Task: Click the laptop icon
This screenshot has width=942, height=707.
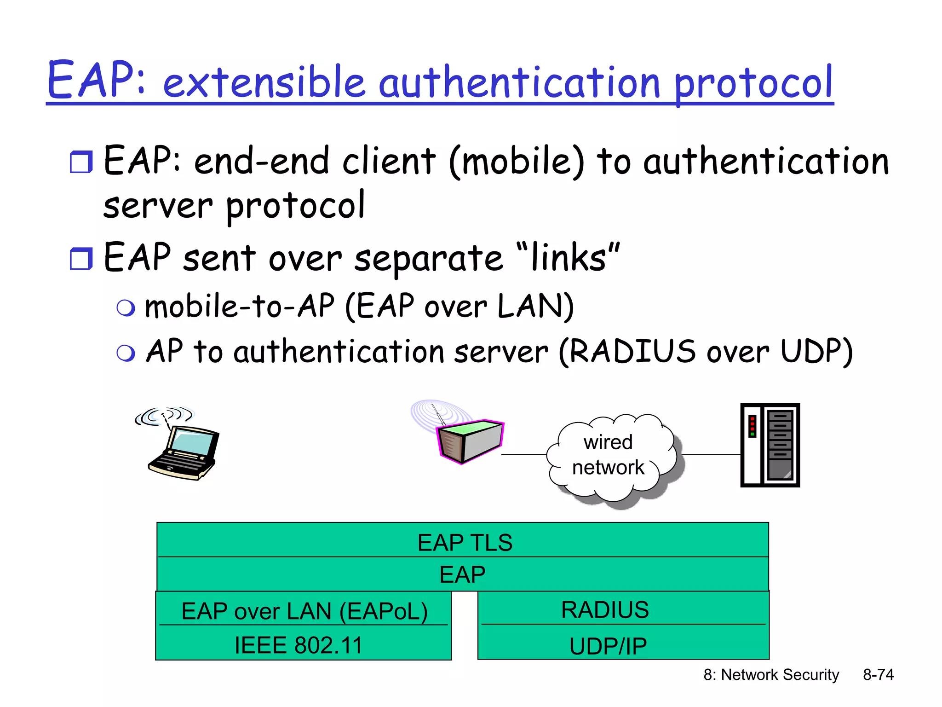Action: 184,453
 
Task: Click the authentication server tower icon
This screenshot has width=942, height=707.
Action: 770,445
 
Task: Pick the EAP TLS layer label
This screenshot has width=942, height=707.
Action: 465,542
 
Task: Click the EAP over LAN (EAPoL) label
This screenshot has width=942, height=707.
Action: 304,611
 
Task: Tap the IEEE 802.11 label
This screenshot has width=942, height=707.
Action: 299,645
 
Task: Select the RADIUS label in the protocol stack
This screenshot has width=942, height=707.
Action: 605,610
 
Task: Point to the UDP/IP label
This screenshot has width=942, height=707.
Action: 608,646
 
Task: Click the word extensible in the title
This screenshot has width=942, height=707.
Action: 264,83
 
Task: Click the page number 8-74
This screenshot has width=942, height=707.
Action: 878,674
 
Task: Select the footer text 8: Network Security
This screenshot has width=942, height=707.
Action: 771,674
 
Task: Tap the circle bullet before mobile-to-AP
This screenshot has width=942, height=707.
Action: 126,308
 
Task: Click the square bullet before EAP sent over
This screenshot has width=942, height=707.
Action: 81,259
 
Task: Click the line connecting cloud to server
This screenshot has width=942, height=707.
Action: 711,455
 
